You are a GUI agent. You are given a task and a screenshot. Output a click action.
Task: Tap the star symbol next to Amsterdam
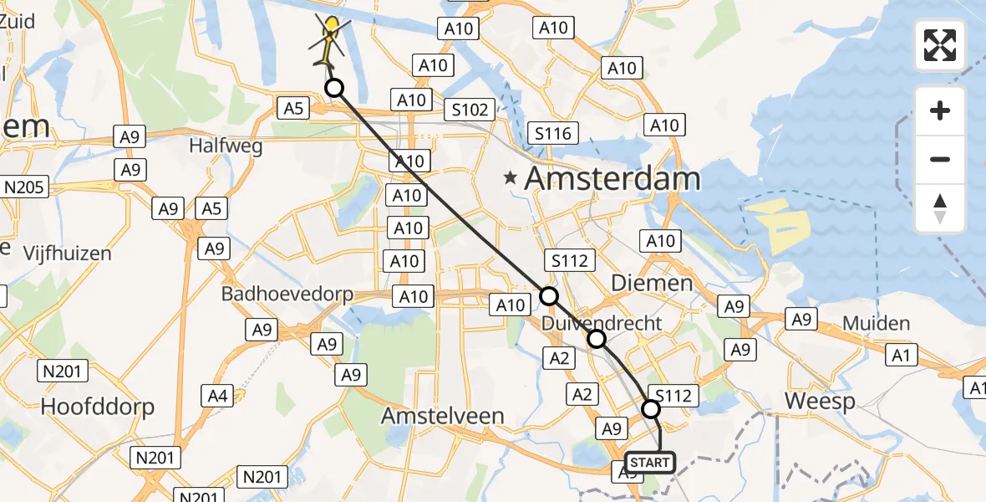coord(510,178)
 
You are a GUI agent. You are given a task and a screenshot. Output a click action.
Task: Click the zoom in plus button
coord(940,111)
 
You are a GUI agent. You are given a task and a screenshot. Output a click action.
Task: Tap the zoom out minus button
coord(940,159)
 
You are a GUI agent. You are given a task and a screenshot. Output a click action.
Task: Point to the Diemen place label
coord(652,283)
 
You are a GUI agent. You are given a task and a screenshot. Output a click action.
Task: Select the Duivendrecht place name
coord(602,323)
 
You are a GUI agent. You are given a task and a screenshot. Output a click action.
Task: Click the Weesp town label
coord(820,402)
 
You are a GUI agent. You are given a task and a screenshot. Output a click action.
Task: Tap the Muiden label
coord(876,323)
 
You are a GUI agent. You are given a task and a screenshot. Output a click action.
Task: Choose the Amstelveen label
coord(454,416)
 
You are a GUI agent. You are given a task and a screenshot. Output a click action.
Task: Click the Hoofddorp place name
coord(98,407)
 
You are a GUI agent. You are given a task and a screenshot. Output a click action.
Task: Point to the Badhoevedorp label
coord(287,295)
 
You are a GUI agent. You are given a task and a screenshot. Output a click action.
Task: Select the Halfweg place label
coord(226,146)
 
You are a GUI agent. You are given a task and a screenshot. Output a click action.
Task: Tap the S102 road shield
coord(470,110)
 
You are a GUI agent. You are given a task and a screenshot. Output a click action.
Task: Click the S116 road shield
coord(553,133)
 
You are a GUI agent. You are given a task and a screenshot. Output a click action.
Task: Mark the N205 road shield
coord(26,187)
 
